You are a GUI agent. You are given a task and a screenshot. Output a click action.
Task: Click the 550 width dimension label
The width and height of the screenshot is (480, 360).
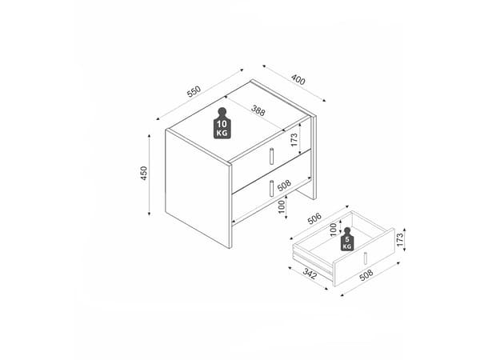coord(194,91)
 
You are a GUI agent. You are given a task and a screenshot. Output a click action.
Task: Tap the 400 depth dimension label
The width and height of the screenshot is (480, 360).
coord(298,79)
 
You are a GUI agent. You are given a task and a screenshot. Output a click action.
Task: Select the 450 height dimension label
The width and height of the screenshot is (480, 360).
coord(144,173)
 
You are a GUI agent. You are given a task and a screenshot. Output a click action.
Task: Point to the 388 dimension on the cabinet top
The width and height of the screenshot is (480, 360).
coord(258,110)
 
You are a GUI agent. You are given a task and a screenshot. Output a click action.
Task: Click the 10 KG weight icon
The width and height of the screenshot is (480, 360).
coord(222,123)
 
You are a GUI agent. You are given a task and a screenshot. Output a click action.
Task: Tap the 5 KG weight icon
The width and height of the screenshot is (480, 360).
coord(347,239)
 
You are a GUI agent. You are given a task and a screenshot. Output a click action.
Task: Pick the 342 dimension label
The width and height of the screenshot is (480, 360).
coord(310,274)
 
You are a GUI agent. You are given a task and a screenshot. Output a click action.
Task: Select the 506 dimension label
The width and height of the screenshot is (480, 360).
coord(314,218)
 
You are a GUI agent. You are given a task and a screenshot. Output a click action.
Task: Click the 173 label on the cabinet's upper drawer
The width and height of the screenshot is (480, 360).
coord(294,140)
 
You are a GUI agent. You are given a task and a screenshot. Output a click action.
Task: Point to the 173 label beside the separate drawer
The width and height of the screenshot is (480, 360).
coord(400,240)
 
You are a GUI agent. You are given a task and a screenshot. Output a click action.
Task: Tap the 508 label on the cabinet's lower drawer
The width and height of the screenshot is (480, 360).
coord(284,186)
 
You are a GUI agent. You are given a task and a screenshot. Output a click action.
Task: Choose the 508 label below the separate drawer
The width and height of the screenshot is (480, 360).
coord(366,275)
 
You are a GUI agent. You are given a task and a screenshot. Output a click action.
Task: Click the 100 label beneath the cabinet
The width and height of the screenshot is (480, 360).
coord(282,207)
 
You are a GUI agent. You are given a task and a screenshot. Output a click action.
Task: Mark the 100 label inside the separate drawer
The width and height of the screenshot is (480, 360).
coord(334,230)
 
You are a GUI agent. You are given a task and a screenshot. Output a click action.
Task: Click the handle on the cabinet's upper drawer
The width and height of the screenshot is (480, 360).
coord(271,156)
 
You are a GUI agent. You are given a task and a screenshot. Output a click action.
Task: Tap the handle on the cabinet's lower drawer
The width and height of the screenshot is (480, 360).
coord(271,188)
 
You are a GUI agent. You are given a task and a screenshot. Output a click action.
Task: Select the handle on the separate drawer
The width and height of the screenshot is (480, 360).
coord(366,258)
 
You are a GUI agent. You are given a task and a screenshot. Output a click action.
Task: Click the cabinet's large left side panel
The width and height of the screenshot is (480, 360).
coord(198,188)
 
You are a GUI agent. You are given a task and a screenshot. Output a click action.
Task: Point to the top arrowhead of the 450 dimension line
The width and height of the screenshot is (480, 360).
coord(149,136)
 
